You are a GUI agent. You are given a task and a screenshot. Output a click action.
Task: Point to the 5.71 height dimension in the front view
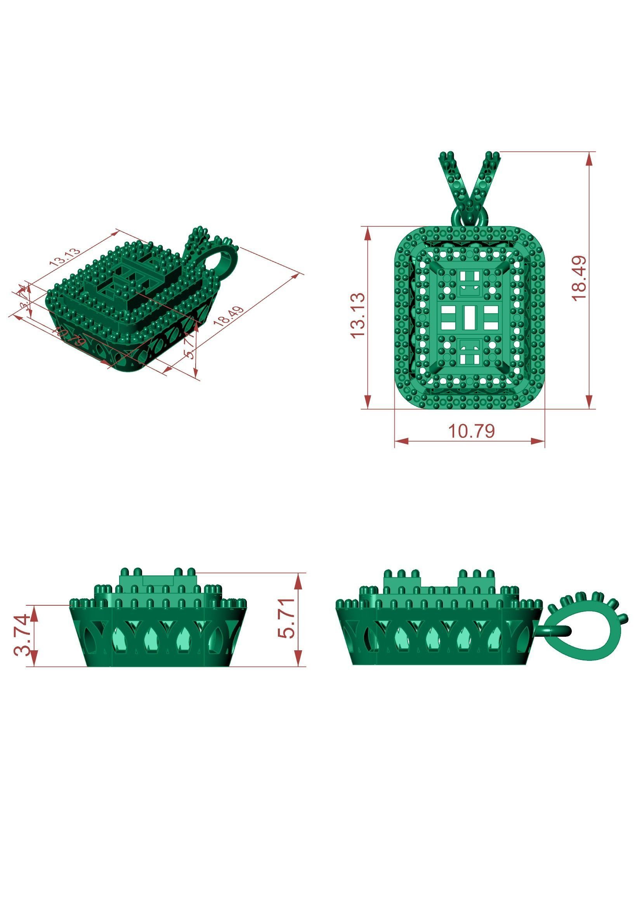[x=286, y=618]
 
